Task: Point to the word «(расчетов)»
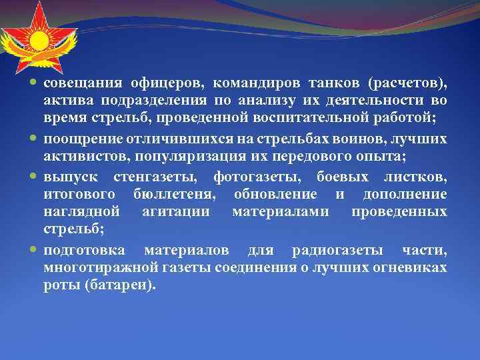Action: tap(407, 83)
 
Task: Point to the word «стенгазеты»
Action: tap(161, 177)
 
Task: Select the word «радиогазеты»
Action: tap(337, 251)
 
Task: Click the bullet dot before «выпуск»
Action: tap(35, 177)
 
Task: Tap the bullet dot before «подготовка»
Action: tap(35, 251)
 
